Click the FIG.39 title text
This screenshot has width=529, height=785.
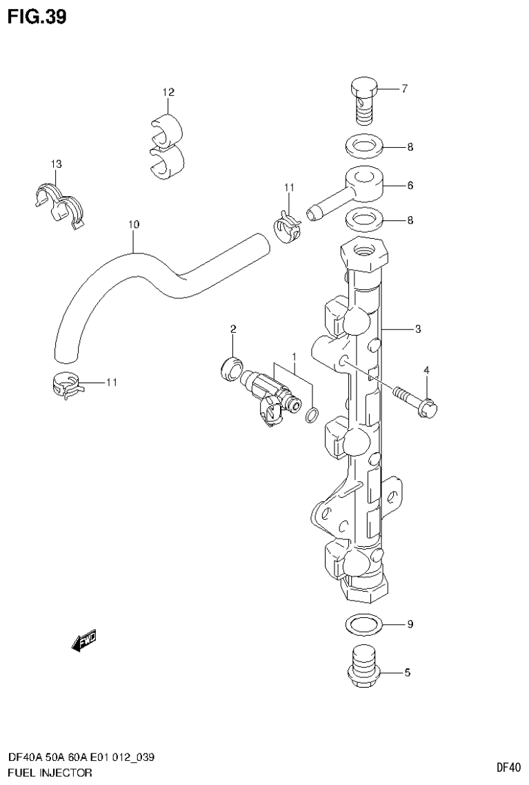[x=38, y=17]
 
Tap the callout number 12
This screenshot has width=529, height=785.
[x=168, y=92]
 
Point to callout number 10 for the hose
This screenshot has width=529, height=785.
[x=134, y=224]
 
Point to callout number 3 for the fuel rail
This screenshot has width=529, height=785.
[x=418, y=329]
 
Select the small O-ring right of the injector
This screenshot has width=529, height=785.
[x=312, y=414]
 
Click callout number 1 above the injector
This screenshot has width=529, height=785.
[x=294, y=356]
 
